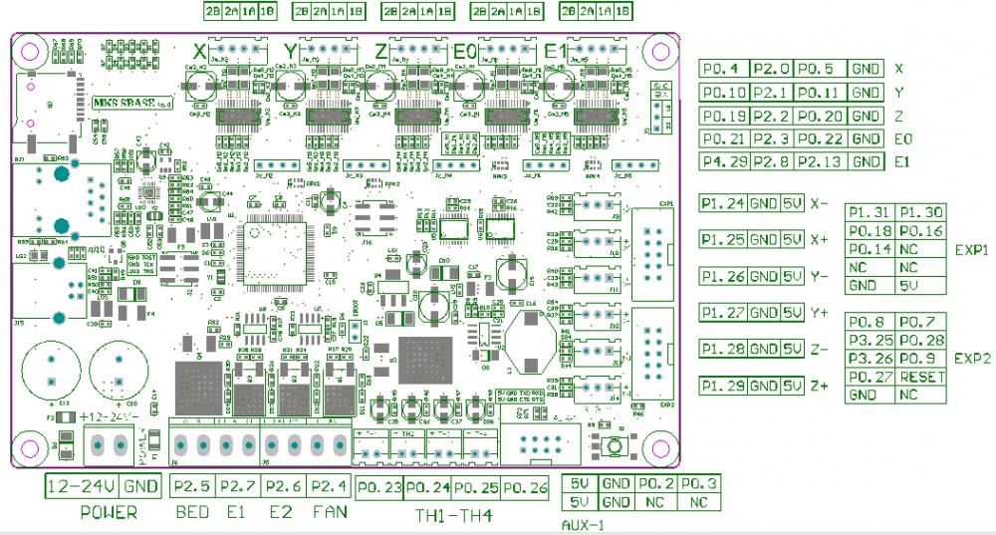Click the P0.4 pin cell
tap(723, 69)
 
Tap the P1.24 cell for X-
tap(723, 203)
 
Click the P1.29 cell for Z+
tap(723, 386)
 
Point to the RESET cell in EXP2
tap(920, 377)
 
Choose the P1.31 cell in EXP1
tap(870, 212)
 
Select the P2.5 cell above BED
tap(191, 487)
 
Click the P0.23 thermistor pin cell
tap(378, 488)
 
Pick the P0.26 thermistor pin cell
tap(525, 488)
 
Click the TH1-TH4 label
tap(453, 515)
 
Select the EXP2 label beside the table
tap(971, 359)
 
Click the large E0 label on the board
tap(464, 51)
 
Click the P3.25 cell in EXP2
tap(870, 340)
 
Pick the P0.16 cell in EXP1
tap(920, 231)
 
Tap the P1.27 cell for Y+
tap(723, 313)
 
